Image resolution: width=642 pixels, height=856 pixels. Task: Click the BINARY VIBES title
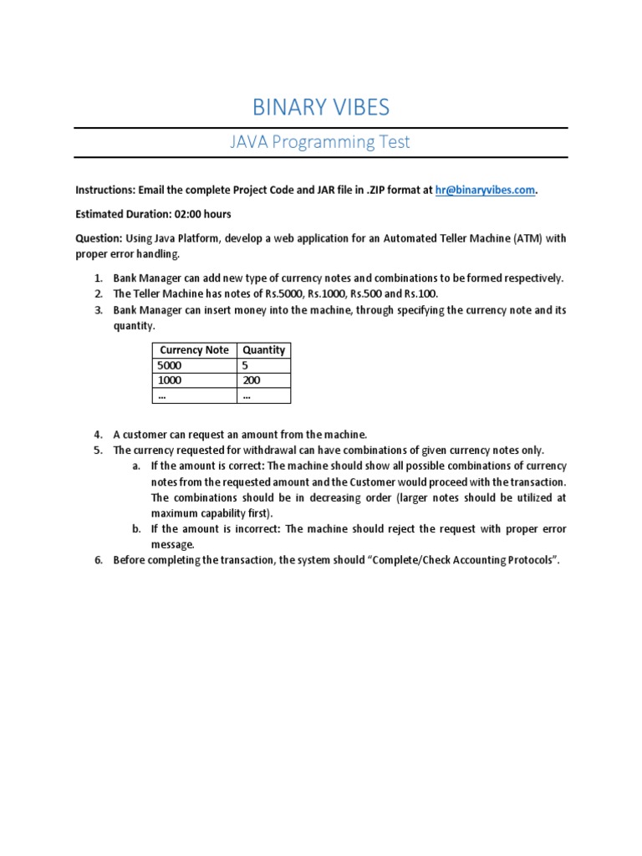pyautogui.click(x=321, y=108)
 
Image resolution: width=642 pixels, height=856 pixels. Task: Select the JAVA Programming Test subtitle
pyautogui.click(x=321, y=142)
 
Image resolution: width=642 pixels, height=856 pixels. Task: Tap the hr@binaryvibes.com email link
pyautogui.click(x=485, y=190)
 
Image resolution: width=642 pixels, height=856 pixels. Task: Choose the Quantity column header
pyautogui.click(x=263, y=350)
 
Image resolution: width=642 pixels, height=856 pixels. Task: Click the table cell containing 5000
pyautogui.click(x=169, y=365)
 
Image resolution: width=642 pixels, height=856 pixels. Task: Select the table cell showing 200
pyautogui.click(x=252, y=380)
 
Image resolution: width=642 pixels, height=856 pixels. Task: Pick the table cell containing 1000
pyautogui.click(x=169, y=380)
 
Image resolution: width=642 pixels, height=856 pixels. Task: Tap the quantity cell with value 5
pyautogui.click(x=246, y=365)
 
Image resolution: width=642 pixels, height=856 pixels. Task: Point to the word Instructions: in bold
pyautogui.click(x=104, y=190)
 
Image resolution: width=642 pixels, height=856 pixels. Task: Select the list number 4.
pyautogui.click(x=97, y=435)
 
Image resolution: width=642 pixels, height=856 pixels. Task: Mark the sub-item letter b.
pyautogui.click(x=136, y=529)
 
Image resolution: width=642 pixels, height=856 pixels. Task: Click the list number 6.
pyautogui.click(x=97, y=560)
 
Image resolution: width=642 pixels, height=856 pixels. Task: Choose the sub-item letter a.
pyautogui.click(x=136, y=466)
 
